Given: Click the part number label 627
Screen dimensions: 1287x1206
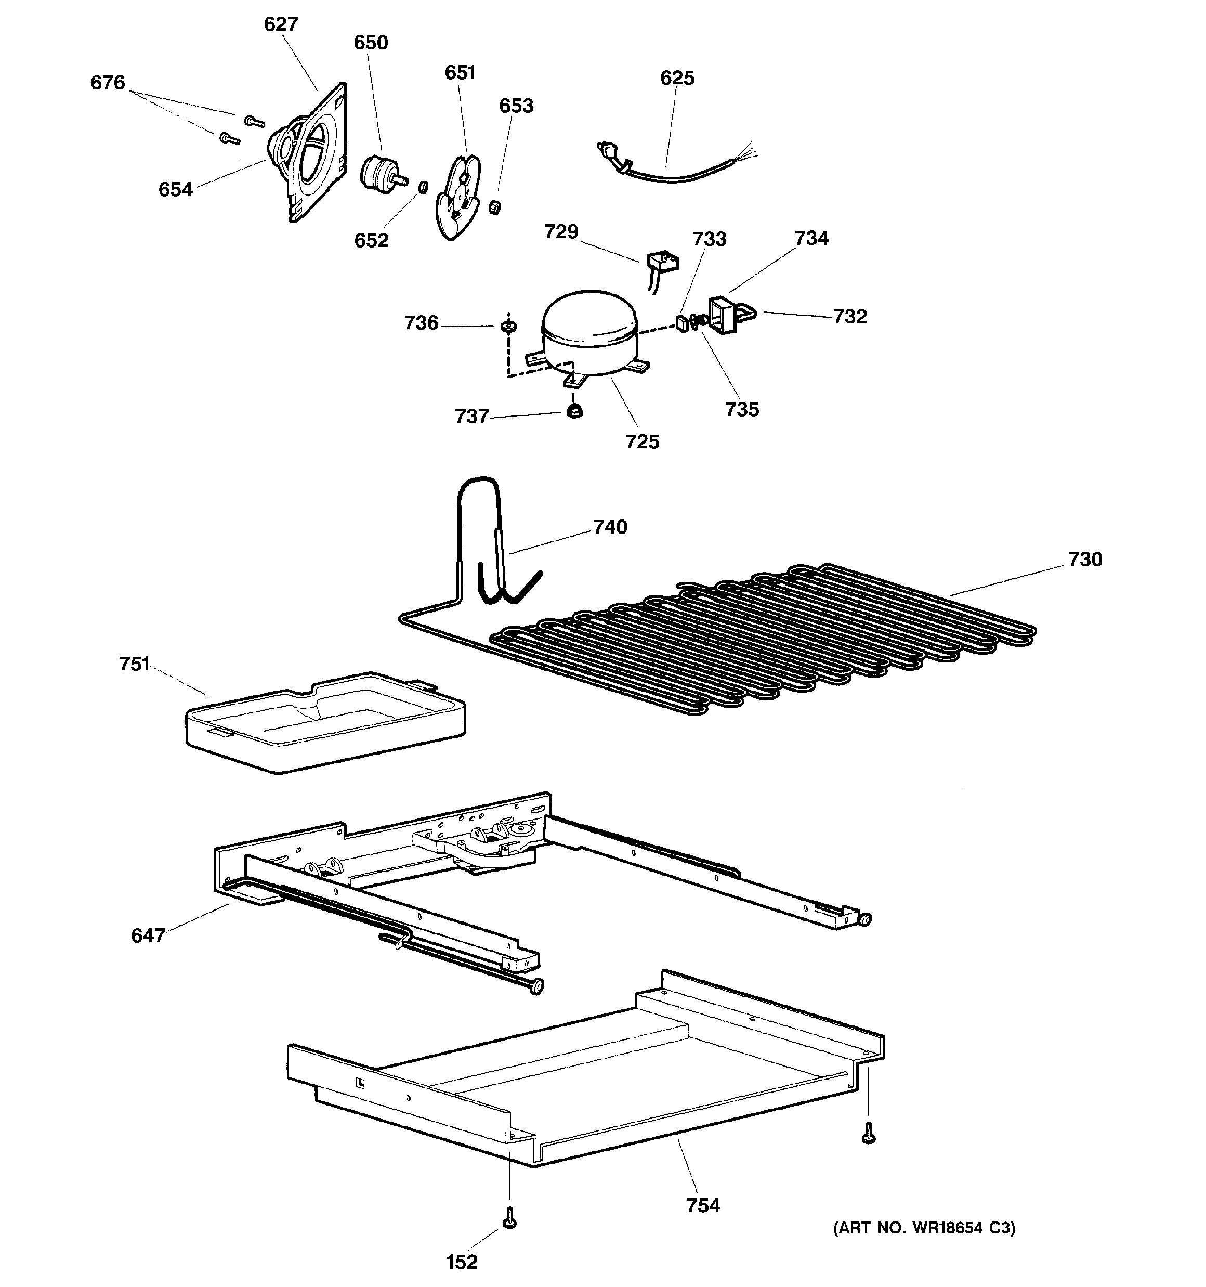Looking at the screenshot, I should tap(281, 24).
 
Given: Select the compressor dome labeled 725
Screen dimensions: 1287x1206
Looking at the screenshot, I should tap(588, 333).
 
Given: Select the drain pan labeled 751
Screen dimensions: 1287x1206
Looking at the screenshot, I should tap(325, 721).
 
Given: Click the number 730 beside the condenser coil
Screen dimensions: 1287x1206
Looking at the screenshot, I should tap(1084, 560).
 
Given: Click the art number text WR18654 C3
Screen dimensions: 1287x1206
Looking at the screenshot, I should tap(924, 1227).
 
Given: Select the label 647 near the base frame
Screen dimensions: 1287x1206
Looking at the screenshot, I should tap(148, 935).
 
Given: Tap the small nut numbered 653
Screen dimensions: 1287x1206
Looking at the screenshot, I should tap(495, 208).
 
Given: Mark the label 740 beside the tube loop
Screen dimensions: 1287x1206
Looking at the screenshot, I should tap(610, 527).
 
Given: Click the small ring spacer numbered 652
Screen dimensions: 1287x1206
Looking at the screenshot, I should tap(423, 187).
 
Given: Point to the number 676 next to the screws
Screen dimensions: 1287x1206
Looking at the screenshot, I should tap(108, 83).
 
